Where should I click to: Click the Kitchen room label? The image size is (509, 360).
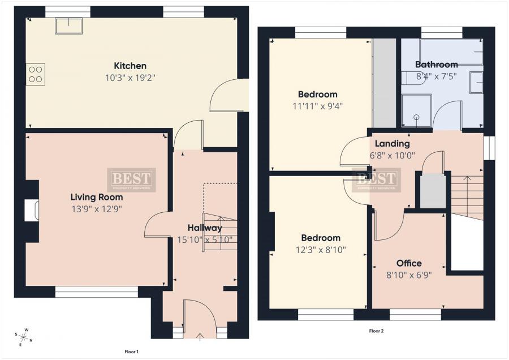tap(130, 66)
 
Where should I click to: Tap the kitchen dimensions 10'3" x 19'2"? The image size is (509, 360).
tap(130, 78)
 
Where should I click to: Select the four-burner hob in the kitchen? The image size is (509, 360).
tap(35, 74)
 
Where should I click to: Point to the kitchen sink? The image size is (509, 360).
tap(68, 25)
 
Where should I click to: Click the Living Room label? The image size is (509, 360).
tap(96, 198)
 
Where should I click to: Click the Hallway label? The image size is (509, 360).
tap(205, 228)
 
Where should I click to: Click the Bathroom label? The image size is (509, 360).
tap(436, 65)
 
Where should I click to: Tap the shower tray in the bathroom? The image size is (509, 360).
tap(416, 110)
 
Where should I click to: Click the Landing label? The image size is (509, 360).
tap(392, 144)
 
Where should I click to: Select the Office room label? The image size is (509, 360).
tap(408, 263)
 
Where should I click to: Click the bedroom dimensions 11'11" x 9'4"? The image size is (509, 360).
tap(317, 105)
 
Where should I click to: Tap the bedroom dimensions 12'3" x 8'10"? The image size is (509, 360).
tap(320, 249)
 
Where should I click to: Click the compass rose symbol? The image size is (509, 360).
tap(25, 337)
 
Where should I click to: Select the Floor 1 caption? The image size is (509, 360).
tap(131, 352)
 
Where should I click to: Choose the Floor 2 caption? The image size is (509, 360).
tap(376, 331)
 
